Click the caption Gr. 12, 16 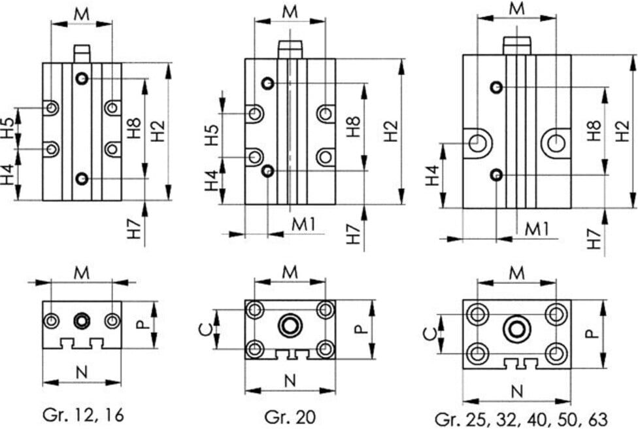pos(82,415)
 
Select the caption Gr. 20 pos(290,417)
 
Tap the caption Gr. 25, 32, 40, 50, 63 pos(521,419)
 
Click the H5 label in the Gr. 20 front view pos(212,135)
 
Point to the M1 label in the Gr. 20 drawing pos(303,224)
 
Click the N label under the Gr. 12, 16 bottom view pos(82,372)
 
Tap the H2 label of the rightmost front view pos(622,131)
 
